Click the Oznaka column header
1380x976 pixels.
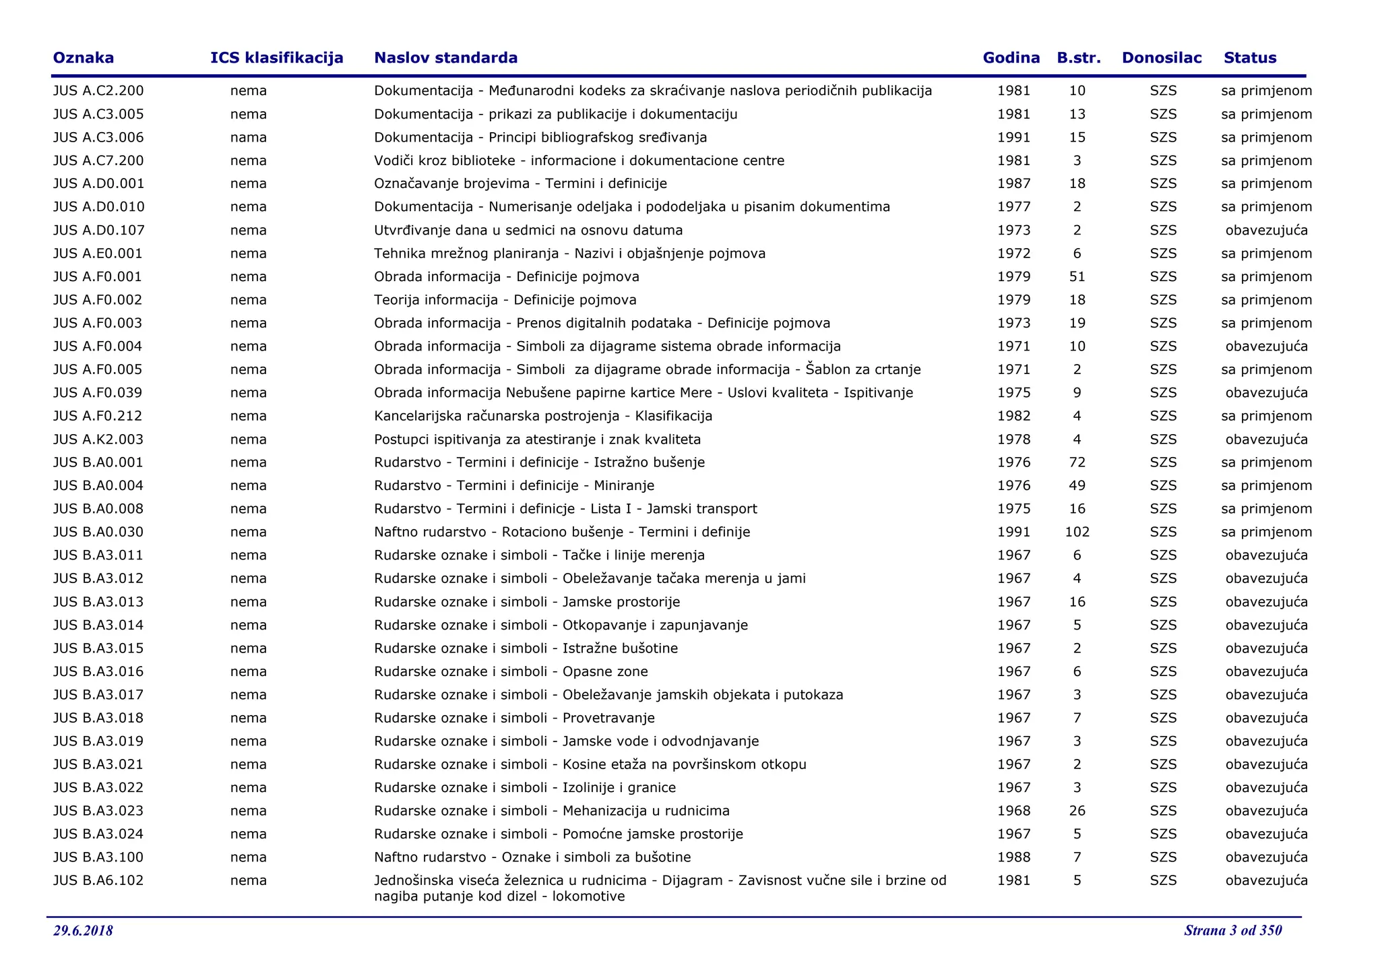tap(83, 58)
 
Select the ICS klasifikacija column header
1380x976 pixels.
tap(276, 58)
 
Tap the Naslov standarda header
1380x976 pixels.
tap(445, 58)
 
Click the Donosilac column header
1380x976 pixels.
tap(1161, 58)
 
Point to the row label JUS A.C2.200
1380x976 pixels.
tap(98, 91)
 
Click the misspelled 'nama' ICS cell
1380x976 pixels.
tap(248, 138)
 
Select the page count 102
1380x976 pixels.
tap(1077, 532)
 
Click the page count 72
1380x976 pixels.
tap(1077, 462)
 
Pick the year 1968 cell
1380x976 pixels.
tap(1013, 811)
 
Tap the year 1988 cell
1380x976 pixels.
tap(1013, 857)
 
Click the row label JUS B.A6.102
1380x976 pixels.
tap(98, 880)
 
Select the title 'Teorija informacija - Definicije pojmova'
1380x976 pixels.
tap(505, 300)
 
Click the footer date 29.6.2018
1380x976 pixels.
tap(83, 931)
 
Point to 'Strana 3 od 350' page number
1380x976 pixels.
tap(1232, 931)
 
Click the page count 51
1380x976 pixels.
tap(1077, 277)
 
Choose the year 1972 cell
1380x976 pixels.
tap(1013, 253)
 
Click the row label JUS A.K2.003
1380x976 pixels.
tap(98, 439)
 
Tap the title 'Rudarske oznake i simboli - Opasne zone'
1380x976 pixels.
tap(511, 671)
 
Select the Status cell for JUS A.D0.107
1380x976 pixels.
tap(1266, 231)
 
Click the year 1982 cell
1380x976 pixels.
tap(1013, 416)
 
